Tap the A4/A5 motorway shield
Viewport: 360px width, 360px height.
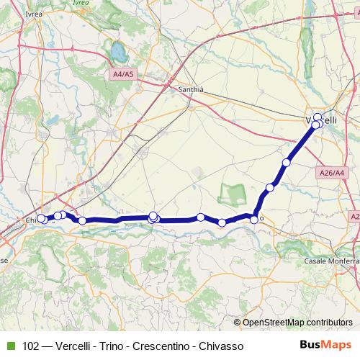coord(123,74)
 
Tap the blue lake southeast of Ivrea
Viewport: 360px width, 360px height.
coord(116,52)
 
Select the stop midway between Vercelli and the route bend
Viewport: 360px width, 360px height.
coord(287,163)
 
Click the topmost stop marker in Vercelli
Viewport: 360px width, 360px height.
coord(318,116)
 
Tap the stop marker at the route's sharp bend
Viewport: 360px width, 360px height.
coord(254,218)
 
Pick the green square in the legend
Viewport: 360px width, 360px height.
coord(9,346)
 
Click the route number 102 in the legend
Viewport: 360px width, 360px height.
coord(32,346)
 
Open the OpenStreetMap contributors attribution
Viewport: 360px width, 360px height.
coord(297,323)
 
